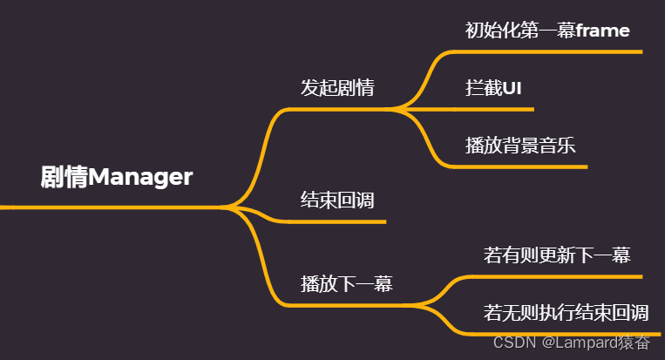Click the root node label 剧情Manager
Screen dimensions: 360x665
click(x=117, y=177)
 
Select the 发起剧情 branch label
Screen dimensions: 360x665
click(x=337, y=88)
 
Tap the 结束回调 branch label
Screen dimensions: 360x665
click(x=337, y=200)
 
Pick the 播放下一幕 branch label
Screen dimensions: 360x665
click(x=346, y=283)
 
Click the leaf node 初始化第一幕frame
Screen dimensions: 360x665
click(x=547, y=31)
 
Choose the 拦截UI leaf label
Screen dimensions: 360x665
click(x=493, y=88)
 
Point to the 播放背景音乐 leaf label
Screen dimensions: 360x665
click(x=520, y=145)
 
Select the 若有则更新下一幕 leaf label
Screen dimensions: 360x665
click(x=557, y=255)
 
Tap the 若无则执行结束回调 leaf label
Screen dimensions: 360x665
click(x=566, y=312)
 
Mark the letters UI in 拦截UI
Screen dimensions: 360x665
click(x=510, y=88)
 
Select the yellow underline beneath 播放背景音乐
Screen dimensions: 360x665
click(x=523, y=166)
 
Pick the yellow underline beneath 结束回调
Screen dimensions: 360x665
click(x=340, y=221)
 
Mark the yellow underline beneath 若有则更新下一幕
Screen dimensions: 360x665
click(x=558, y=277)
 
